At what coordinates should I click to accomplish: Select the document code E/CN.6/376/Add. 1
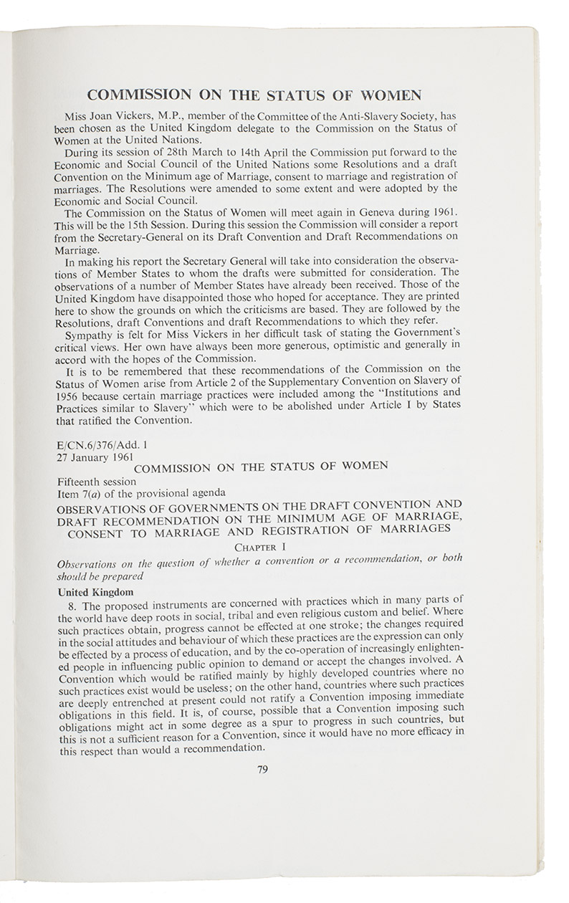[x=103, y=444]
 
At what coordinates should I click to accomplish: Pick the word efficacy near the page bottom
[x=439, y=732]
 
